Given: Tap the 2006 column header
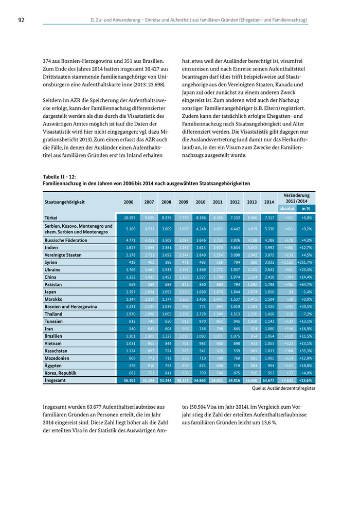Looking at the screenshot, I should (x=129, y=202).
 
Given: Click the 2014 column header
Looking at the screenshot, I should (x=269, y=202).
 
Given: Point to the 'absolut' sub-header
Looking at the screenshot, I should (x=286, y=209).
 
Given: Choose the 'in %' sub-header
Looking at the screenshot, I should (x=306, y=209).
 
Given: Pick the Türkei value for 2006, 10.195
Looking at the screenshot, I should (x=129, y=217).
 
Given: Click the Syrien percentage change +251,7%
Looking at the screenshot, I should (x=306, y=262).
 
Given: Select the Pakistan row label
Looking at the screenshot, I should (x=53, y=284).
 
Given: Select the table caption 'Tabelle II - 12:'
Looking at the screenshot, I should (x=59, y=176).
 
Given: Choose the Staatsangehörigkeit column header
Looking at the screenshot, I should (x=65, y=202).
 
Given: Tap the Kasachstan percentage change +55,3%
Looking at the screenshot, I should (x=307, y=351).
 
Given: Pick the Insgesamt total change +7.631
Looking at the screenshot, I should (x=287, y=380).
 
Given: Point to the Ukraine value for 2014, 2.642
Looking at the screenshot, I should (x=269, y=269).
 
